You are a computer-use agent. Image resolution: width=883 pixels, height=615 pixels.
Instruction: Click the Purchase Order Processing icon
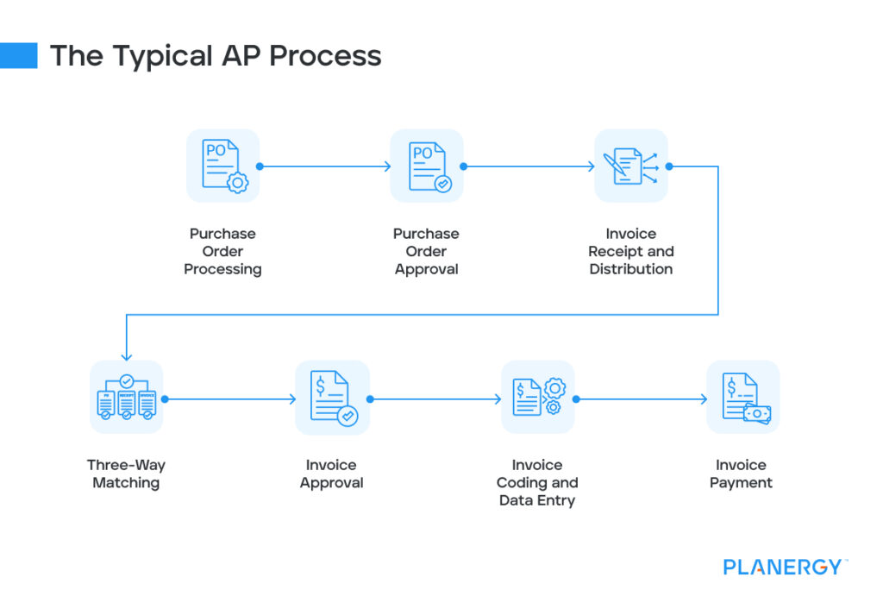click(222, 166)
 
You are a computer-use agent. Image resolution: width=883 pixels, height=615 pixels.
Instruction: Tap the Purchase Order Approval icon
click(427, 166)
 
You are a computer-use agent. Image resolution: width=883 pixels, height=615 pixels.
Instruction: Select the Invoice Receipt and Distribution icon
click(631, 166)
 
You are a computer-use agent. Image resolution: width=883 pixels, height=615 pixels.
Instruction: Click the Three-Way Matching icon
click(126, 398)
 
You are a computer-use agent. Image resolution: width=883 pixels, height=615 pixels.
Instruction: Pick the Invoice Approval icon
click(332, 398)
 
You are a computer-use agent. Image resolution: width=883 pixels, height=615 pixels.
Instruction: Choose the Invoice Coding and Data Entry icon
click(537, 398)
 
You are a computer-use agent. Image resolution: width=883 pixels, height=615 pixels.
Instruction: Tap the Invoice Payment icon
click(742, 398)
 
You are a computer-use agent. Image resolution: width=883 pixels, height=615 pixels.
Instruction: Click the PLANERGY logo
click(783, 567)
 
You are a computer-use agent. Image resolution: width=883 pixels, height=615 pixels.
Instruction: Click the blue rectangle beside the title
click(19, 55)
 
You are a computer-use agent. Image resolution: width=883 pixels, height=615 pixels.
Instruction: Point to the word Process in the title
click(325, 56)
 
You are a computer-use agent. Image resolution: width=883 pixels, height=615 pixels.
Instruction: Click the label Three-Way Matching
click(126, 474)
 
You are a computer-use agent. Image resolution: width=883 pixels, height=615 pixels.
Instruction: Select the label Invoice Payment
click(741, 474)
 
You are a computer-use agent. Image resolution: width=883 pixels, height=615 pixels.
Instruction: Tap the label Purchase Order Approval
click(426, 251)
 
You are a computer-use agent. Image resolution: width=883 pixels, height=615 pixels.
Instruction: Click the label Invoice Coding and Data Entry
click(537, 482)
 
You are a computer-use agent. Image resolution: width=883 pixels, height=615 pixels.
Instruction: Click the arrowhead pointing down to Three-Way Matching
click(126, 355)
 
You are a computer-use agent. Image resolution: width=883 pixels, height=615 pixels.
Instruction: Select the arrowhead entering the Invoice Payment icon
click(702, 399)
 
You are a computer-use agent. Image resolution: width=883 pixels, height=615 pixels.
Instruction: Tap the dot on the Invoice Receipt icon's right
click(669, 166)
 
